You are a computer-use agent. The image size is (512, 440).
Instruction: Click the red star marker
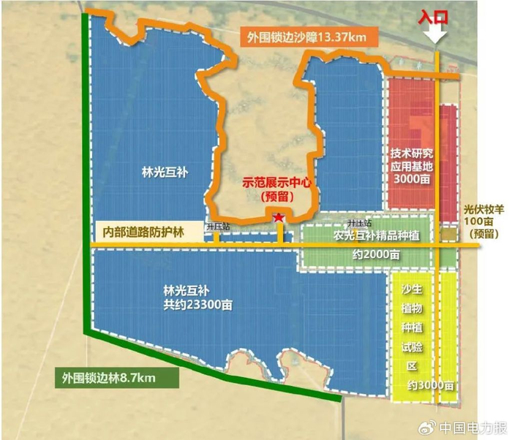(x=278, y=217)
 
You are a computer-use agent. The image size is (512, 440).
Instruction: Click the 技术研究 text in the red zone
(x=411, y=153)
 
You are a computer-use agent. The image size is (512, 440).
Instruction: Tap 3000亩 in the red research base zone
(x=411, y=180)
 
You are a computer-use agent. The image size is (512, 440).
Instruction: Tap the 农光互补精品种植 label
(x=369, y=236)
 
